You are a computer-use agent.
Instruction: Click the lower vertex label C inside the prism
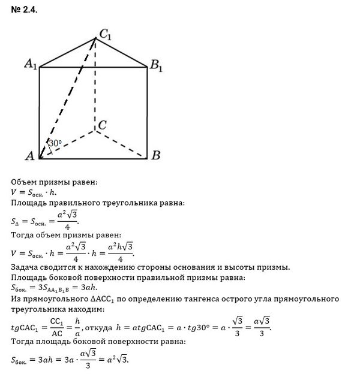(x=103, y=125)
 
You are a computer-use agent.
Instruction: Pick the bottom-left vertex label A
(x=28, y=156)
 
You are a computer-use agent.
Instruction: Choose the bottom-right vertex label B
(x=155, y=156)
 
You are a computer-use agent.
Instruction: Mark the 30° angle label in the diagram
(x=55, y=144)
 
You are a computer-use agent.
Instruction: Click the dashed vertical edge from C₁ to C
(x=96, y=84)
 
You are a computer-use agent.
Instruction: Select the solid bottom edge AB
(x=93, y=158)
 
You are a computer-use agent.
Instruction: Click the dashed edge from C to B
(x=121, y=143)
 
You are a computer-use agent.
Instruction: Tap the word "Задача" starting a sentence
(x=27, y=267)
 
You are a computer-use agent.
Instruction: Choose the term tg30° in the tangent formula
(x=195, y=328)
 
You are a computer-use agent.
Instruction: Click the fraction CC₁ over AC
(x=58, y=328)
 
